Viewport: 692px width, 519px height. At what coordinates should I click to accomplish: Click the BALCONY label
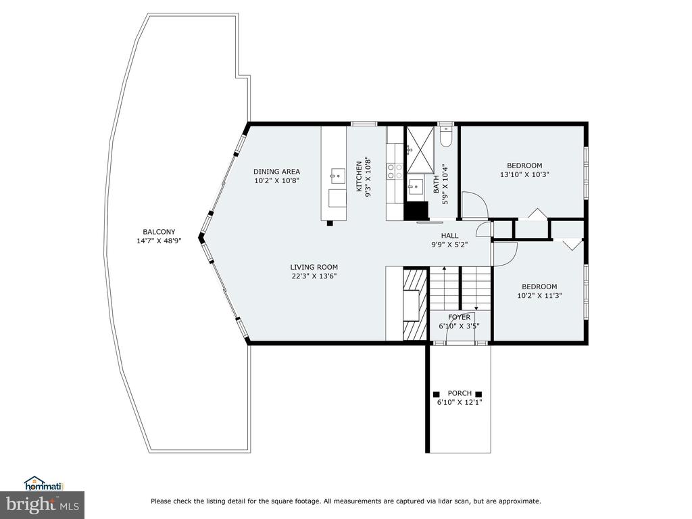tap(159, 232)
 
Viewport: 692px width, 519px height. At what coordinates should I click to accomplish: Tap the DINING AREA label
tap(276, 172)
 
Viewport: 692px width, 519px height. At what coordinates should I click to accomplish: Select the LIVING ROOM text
tap(314, 267)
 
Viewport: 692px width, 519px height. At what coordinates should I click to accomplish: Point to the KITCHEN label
tap(360, 176)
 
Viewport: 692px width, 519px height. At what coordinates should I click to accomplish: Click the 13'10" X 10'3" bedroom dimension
tap(524, 174)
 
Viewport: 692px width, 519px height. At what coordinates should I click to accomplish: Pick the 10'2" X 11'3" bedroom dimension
tap(539, 296)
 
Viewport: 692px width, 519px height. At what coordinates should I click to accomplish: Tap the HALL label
tap(449, 236)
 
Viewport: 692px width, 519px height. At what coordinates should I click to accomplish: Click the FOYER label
tap(459, 318)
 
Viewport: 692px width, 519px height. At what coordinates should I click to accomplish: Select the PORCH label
tap(460, 393)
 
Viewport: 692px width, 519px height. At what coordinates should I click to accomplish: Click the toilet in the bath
tap(446, 137)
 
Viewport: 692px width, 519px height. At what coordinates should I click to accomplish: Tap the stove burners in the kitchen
tap(395, 171)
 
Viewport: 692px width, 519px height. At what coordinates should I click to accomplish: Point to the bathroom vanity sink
tap(415, 187)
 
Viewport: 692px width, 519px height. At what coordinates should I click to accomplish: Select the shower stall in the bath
tap(420, 149)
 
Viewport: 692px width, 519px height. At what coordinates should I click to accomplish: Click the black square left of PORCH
tap(436, 394)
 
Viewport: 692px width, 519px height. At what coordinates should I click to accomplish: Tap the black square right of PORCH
tap(478, 394)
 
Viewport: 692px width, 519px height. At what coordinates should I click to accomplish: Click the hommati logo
tap(44, 484)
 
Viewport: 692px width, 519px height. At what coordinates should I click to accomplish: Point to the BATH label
tap(436, 185)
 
